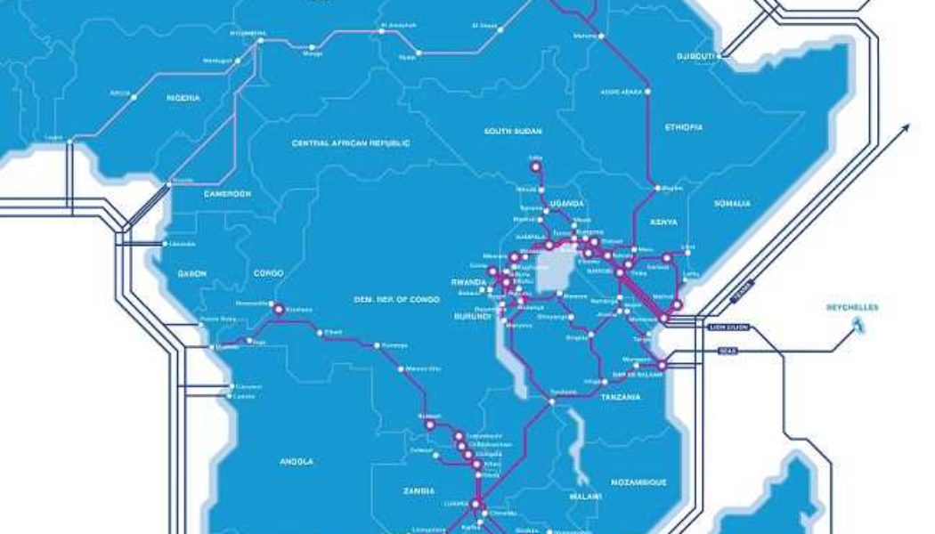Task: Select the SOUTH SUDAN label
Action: [513, 131]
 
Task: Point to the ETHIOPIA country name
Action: [683, 127]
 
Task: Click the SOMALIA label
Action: [733, 204]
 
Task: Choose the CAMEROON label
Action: [228, 193]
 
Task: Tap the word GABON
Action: [192, 273]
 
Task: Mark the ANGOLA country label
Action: [296, 461]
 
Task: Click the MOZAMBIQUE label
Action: [638, 481]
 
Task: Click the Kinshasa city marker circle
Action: [277, 309]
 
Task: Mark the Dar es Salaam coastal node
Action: [661, 366]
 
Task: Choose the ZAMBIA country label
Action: [418, 490]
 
